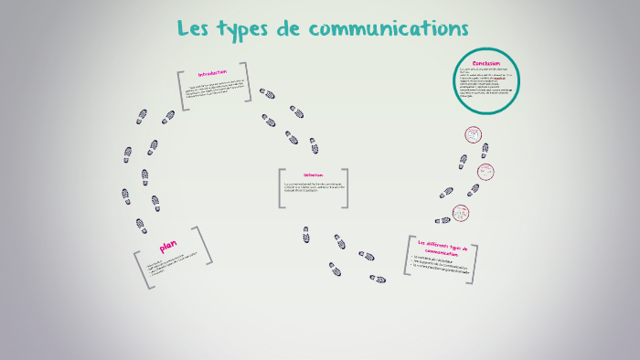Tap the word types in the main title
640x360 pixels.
point(247,29)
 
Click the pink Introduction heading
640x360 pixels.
point(212,73)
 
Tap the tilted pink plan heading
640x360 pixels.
point(168,246)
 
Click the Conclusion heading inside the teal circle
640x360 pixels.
point(485,62)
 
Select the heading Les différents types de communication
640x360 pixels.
point(442,248)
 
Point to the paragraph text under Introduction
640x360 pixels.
point(214,90)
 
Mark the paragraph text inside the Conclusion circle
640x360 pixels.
point(485,84)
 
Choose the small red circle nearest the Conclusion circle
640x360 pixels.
point(474,134)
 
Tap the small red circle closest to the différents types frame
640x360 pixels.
point(462,213)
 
